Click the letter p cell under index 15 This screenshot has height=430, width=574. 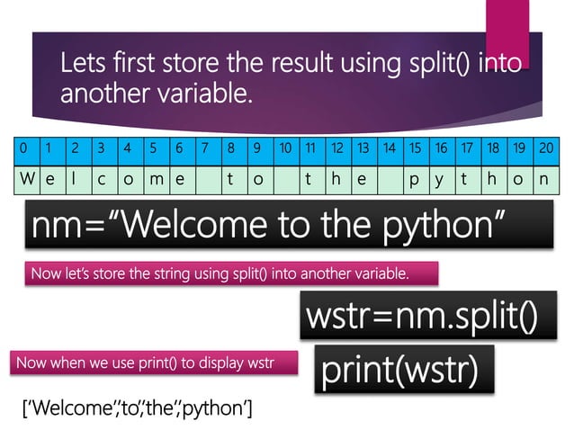415,178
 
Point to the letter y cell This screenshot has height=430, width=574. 441,178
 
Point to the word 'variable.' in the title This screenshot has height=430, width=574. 198,93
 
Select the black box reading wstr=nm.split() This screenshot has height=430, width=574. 423,318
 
